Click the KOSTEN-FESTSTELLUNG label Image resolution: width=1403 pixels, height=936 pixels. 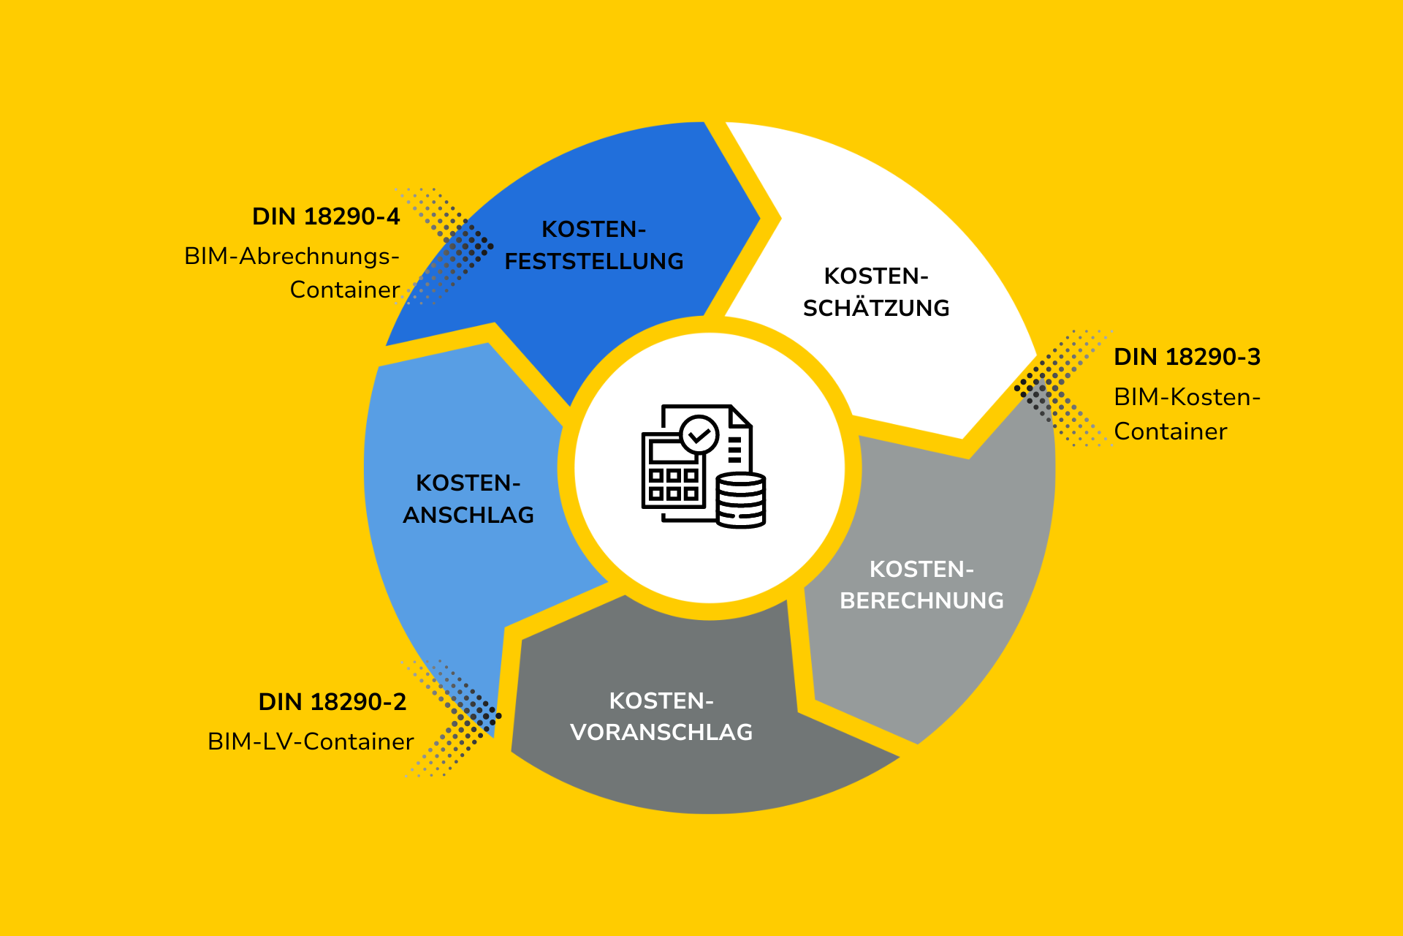(x=594, y=245)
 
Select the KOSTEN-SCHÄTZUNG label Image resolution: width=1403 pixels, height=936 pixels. (x=876, y=292)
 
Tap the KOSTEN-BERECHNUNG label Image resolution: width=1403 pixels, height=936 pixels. (x=921, y=585)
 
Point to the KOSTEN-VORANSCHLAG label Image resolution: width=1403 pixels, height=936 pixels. (x=661, y=717)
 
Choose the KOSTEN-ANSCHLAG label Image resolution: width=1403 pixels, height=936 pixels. (x=468, y=499)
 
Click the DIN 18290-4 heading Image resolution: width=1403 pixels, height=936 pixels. (x=326, y=216)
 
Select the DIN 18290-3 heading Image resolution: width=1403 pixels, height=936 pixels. (x=1187, y=357)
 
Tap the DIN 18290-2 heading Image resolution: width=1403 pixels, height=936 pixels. (x=332, y=702)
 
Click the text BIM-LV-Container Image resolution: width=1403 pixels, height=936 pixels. (x=311, y=741)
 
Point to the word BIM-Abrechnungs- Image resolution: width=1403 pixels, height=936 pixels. (x=292, y=256)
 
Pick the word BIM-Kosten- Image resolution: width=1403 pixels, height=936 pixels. (x=1187, y=397)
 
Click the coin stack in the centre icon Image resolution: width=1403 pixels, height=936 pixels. (x=741, y=500)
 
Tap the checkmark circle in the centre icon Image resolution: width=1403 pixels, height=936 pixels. (x=699, y=436)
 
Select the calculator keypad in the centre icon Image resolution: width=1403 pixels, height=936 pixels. (x=674, y=484)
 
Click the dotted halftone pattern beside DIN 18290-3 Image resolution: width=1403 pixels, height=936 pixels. (x=1062, y=388)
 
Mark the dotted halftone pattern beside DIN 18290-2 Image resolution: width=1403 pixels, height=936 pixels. (x=451, y=717)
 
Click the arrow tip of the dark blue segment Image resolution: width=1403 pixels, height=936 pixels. (x=760, y=218)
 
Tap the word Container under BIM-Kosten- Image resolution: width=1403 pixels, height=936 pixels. (x=1171, y=431)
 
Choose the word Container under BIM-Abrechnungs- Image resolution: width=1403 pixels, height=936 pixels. (x=345, y=290)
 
